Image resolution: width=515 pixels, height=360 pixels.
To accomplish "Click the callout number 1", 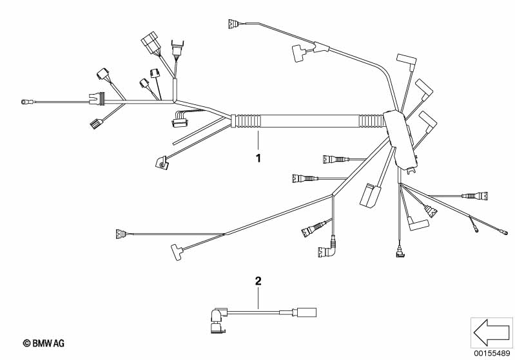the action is pos(258,158).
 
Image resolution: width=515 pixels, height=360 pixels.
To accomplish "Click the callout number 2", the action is pos(258,281).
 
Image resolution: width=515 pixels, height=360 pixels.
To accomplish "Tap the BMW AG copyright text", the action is pos(44,343).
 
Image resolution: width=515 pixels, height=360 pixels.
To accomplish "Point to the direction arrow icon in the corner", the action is pos(491,333).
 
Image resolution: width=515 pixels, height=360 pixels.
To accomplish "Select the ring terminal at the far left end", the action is pos(25,102).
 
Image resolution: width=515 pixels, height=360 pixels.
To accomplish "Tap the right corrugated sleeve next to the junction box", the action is pos(371,121).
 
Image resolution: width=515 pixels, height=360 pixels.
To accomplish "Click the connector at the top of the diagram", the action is pos(233,24).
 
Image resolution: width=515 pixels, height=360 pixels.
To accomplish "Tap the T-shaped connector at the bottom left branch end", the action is pos(177,252).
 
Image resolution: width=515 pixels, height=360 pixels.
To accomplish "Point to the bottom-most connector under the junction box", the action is pos(400,252).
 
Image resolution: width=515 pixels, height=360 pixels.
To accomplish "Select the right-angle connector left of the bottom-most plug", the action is pos(326,249).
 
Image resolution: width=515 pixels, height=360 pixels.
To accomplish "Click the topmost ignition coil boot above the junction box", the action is pos(407,61).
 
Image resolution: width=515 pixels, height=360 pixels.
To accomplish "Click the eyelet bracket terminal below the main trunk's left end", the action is pos(162,163).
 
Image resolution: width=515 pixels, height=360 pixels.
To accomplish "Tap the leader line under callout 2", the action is pos(258,298).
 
